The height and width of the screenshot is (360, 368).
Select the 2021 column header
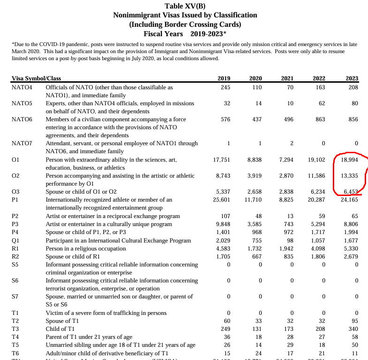pos(287,79)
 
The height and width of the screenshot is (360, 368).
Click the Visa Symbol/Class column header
pos(36,79)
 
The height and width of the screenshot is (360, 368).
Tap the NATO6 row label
pos(22,119)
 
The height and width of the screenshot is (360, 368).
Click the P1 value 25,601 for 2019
pos(222,200)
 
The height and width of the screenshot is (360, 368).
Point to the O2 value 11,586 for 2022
pos(315,176)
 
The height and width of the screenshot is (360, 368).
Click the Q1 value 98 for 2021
pos(289,240)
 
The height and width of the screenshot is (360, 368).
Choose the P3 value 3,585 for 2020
pos(254,224)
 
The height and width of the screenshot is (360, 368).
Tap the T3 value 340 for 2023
pos(353,329)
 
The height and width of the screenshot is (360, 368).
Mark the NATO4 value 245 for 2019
pos(225,87)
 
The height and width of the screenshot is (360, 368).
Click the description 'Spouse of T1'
pos(61,321)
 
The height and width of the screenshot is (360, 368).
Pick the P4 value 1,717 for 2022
pos(317,232)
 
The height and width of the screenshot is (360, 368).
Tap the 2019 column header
pos(224,79)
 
